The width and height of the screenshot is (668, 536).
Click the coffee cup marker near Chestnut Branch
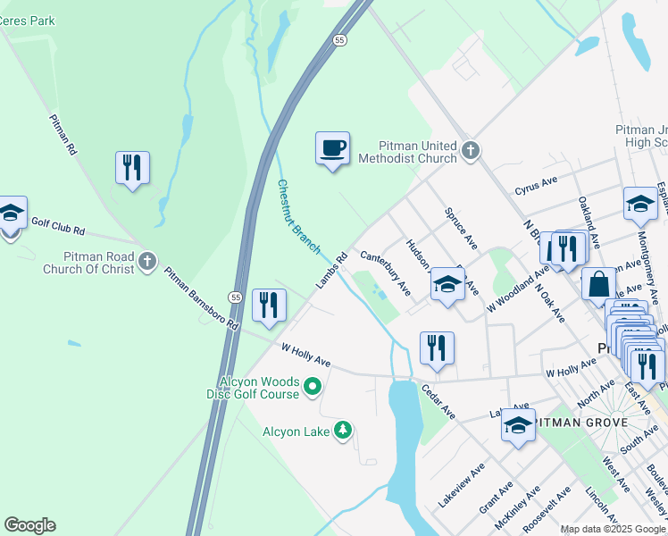(332, 147)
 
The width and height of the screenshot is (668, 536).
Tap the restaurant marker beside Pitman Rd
(132, 167)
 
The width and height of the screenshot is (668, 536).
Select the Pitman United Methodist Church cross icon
(472, 151)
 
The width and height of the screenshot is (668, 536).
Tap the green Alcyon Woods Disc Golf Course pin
(312, 387)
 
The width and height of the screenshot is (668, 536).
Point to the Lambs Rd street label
(330, 272)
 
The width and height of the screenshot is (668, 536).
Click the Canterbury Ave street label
(385, 272)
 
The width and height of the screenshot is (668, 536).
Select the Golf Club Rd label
(57, 225)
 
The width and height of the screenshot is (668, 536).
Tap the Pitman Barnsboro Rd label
(202, 297)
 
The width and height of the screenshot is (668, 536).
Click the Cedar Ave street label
(438, 402)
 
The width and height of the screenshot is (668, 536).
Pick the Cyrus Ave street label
(536, 185)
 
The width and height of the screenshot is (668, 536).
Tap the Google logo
(29, 525)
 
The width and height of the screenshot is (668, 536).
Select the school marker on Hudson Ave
(447, 285)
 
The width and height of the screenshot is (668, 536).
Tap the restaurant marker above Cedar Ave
(437, 348)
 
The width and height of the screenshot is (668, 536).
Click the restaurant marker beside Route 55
(269, 305)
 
